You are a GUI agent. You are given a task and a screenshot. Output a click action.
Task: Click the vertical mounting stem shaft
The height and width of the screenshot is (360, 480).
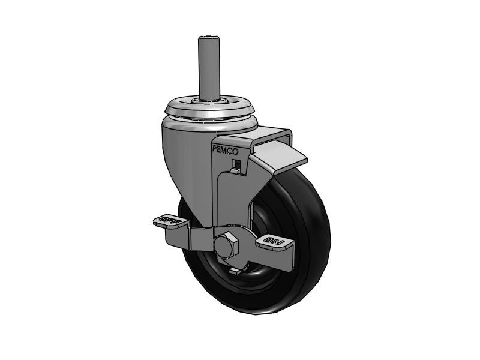click(206, 66)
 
